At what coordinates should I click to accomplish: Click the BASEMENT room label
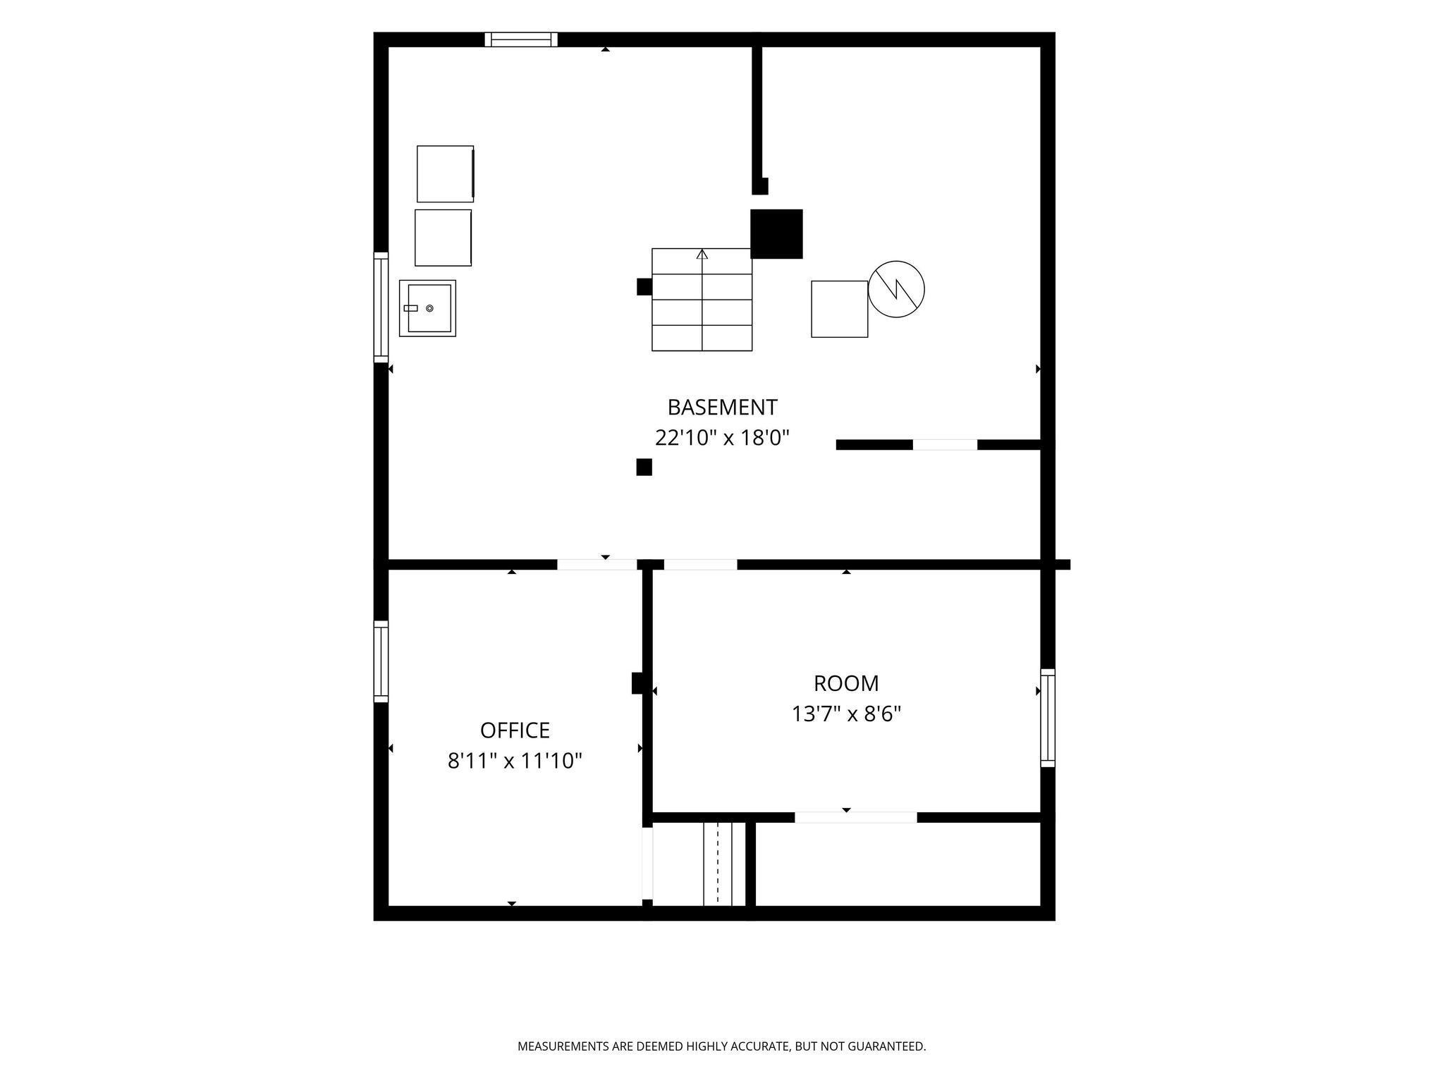tap(722, 408)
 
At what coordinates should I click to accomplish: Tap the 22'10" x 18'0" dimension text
tap(722, 439)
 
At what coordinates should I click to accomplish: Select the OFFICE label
tap(515, 730)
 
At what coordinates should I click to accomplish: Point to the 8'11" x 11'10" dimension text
tap(515, 761)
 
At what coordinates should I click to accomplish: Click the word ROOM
tap(846, 683)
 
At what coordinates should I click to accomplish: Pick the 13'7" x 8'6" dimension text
tap(846, 714)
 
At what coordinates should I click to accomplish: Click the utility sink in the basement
tap(427, 308)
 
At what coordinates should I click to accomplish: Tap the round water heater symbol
tap(896, 289)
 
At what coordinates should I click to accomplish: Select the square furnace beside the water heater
tap(839, 309)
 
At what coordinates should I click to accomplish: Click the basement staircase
tap(702, 300)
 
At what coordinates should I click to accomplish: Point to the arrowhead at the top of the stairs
tap(702, 253)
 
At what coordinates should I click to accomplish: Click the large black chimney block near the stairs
tap(776, 234)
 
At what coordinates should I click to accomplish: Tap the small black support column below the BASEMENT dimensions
tap(644, 467)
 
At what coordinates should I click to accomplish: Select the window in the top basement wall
tap(521, 39)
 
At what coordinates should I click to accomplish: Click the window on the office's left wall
tap(381, 661)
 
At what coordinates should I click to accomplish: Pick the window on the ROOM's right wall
tap(1048, 718)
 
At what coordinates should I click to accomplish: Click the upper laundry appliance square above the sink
tap(445, 173)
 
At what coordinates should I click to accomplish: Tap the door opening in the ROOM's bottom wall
tap(856, 817)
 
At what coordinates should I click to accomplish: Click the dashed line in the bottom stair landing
tap(718, 863)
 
